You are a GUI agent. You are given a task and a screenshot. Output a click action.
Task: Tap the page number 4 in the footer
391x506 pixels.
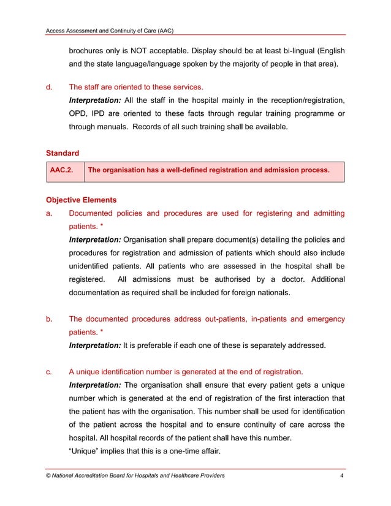pos(341,475)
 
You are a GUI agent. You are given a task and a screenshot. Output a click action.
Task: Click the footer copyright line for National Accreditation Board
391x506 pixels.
pos(135,475)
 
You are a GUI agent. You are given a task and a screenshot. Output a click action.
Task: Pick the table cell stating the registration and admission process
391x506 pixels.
pos(209,172)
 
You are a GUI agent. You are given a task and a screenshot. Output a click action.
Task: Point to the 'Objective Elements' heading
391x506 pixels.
pos(81,200)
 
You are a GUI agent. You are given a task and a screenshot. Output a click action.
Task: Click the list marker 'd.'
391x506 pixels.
pos(50,87)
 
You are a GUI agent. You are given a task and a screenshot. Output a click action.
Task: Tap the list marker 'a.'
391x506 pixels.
pos(50,213)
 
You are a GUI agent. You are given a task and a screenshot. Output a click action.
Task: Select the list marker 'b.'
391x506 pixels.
pos(50,319)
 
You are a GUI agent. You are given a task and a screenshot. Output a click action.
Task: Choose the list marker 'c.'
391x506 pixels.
pos(50,372)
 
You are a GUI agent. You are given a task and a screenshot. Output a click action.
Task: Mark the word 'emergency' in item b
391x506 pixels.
pos(325,319)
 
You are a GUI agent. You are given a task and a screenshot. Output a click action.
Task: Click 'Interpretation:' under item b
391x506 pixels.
pos(94,346)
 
